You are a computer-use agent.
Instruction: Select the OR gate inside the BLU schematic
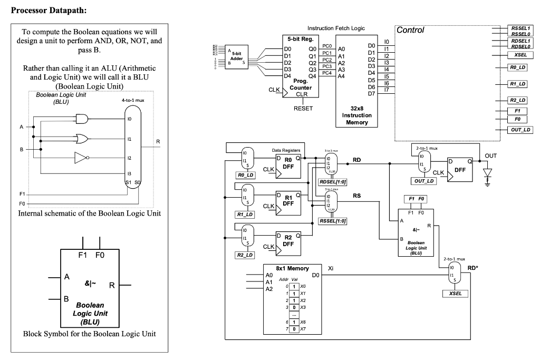click(82, 139)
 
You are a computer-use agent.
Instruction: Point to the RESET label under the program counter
click(303, 109)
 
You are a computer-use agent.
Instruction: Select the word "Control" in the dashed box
click(410, 30)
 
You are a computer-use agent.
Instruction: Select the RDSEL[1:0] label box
click(333, 182)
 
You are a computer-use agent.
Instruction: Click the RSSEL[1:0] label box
click(333, 221)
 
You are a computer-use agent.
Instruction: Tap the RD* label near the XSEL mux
click(473, 268)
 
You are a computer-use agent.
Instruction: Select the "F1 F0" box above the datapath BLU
click(414, 199)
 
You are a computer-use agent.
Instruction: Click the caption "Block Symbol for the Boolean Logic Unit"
click(89, 334)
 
